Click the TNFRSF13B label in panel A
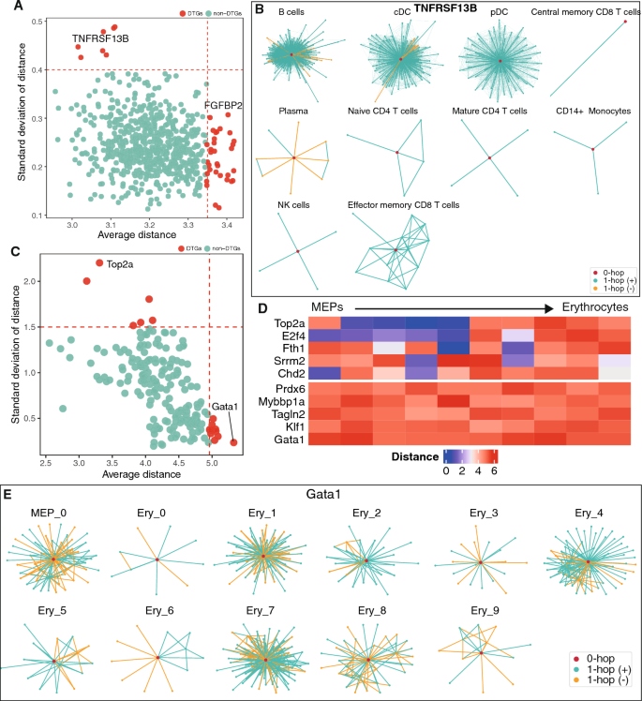[100, 39]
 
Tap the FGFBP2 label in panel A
[223, 107]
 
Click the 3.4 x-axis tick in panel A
[226, 226]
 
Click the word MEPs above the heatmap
[332, 306]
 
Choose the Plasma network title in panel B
[293, 111]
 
